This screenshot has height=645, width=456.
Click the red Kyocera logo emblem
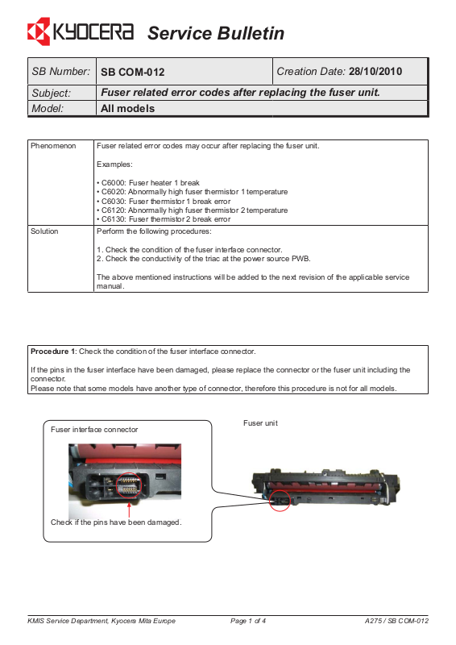click(39, 31)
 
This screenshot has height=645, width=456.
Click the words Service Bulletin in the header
click(216, 33)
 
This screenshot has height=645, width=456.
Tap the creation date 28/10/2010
click(375, 72)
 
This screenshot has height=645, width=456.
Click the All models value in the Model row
click(128, 109)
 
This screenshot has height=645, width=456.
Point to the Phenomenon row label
click(53, 146)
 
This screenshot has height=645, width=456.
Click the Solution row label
click(44, 231)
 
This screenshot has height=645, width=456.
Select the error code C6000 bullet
click(148, 183)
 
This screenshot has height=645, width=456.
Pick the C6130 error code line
click(164, 219)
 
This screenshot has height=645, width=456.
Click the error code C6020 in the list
click(114, 192)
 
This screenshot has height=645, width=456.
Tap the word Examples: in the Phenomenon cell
click(114, 164)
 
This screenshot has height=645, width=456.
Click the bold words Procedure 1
click(53, 352)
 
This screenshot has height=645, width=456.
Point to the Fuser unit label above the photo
click(260, 422)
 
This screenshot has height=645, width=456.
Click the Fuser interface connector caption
click(94, 430)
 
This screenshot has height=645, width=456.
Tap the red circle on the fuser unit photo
click(280, 501)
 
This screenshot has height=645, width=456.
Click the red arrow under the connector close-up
click(129, 510)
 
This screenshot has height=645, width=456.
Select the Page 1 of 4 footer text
click(248, 621)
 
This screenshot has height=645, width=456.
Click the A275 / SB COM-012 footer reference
click(396, 621)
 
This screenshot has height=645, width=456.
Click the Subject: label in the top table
click(52, 93)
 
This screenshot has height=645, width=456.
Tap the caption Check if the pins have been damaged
click(116, 522)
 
